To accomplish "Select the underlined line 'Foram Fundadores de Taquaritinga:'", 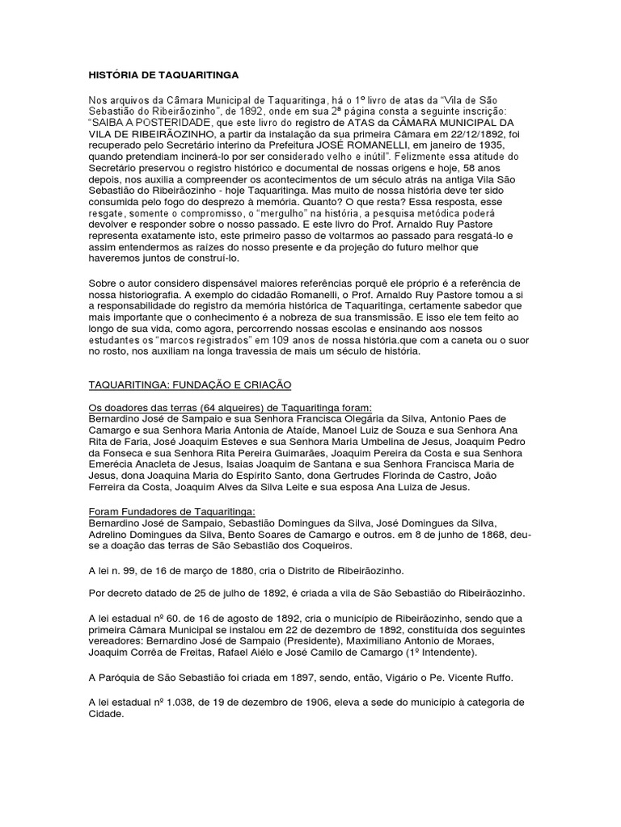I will point(171,511).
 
